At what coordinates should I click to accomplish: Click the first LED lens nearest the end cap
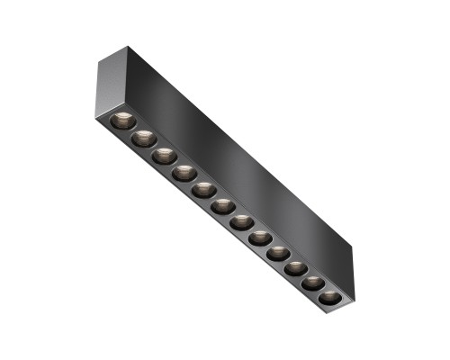[123, 121]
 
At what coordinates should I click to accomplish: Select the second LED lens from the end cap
[144, 139]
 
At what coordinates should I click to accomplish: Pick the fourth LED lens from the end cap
[184, 172]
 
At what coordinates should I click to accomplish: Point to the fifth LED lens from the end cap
[203, 190]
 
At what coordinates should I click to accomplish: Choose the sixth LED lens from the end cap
[222, 206]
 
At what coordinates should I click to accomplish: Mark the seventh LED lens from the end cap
[241, 222]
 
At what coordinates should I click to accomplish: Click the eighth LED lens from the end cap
[260, 238]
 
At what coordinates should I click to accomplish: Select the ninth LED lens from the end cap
[278, 254]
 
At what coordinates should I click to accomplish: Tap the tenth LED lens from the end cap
[296, 268]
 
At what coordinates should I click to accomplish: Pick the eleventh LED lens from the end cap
[314, 283]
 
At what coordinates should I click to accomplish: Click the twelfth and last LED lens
[331, 297]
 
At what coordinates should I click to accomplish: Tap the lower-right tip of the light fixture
[339, 310]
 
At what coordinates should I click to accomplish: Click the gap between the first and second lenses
[134, 130]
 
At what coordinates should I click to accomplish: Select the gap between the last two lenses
[323, 291]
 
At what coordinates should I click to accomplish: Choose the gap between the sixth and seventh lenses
[232, 215]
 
